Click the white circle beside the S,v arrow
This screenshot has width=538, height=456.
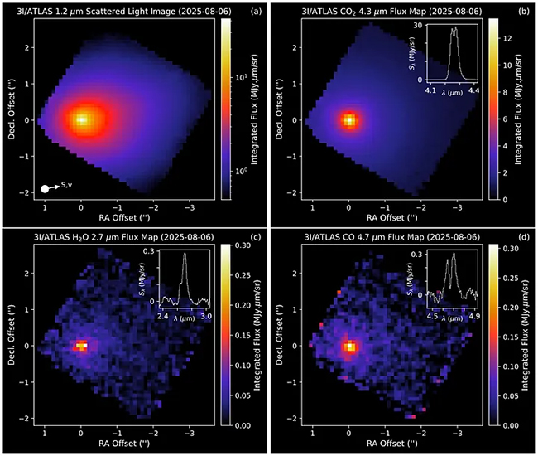pyautogui.click(x=45, y=190)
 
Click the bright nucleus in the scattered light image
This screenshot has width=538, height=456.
pyautogui.click(x=81, y=119)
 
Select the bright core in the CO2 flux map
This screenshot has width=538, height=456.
pyautogui.click(x=349, y=119)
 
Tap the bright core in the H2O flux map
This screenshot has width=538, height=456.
pyautogui.click(x=81, y=346)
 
